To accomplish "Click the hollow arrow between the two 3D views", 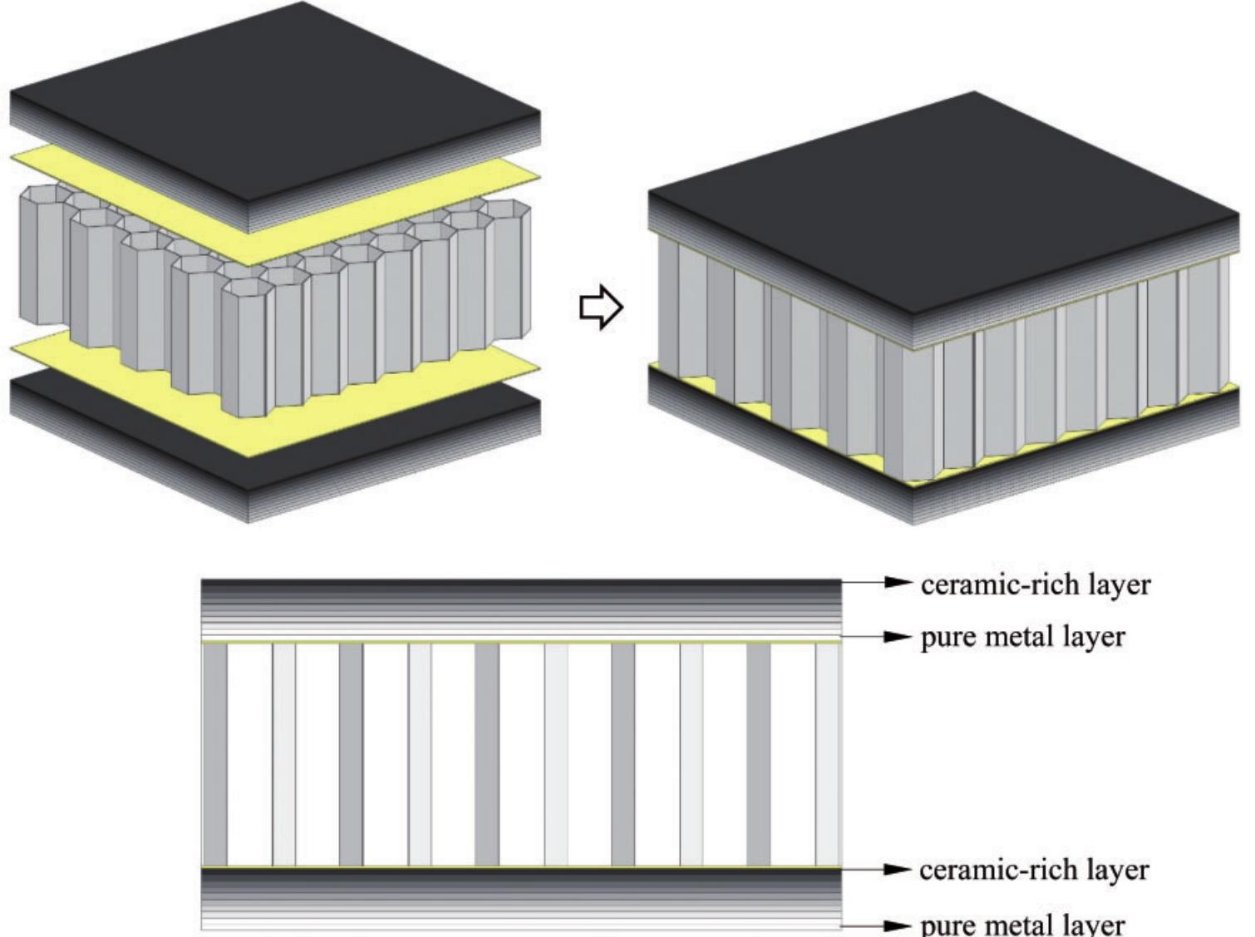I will pyautogui.click(x=600, y=308).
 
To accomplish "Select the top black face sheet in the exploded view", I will pyautogui.click(x=274, y=100).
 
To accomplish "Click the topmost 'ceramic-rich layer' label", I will pyautogui.click(x=1036, y=584).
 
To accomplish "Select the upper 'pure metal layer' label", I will pyautogui.click(x=1022, y=638).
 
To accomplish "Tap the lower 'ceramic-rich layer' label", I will pyautogui.click(x=1034, y=870).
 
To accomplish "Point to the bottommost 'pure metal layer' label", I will pyautogui.click(x=1022, y=925).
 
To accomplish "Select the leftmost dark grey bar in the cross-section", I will pyautogui.click(x=215, y=755).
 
